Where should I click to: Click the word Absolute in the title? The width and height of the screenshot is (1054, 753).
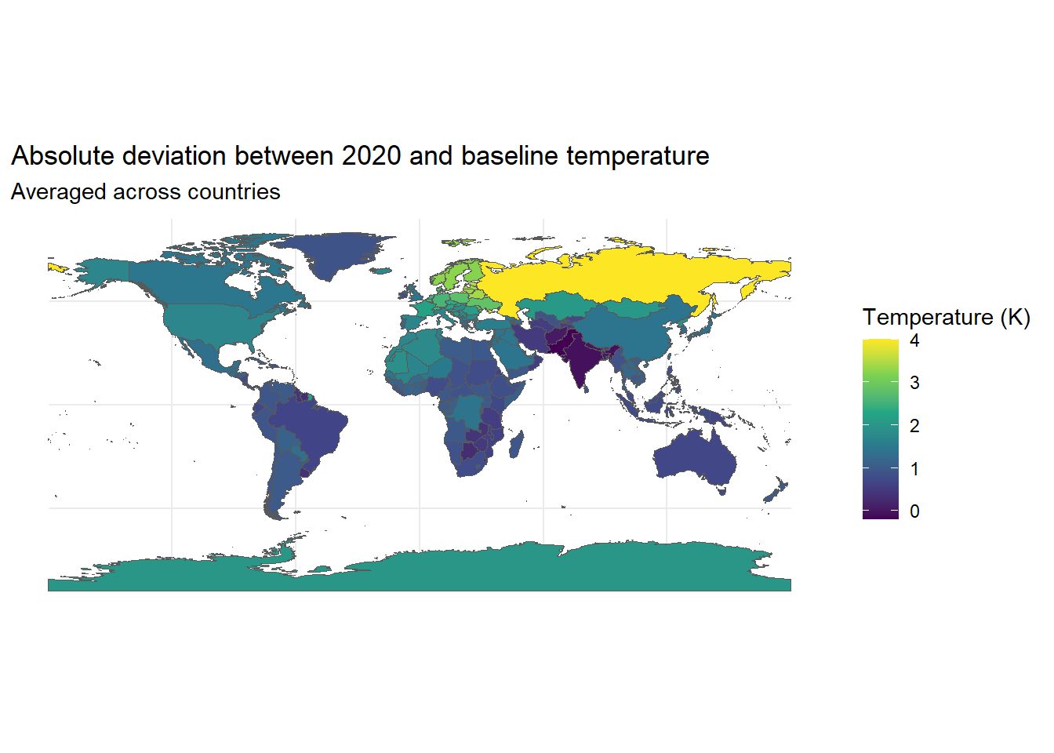pos(63,156)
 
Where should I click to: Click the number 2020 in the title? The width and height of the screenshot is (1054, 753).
pos(371,156)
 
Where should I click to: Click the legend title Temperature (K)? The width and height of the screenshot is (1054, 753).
pos(947,317)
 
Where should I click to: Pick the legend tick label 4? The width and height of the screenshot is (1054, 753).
pos(914,340)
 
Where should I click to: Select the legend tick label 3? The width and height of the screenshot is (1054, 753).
pos(914,383)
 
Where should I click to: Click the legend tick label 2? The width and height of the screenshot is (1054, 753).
pos(914,426)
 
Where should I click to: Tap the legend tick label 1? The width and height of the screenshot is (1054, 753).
pos(914,469)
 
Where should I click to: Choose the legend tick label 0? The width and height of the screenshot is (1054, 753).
pos(914,511)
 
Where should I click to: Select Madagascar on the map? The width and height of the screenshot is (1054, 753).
pos(516,444)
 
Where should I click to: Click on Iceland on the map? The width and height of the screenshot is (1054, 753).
pos(381,271)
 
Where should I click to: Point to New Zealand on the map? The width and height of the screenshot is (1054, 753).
pos(776,490)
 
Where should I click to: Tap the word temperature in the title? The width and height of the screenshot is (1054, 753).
pos(638,157)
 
